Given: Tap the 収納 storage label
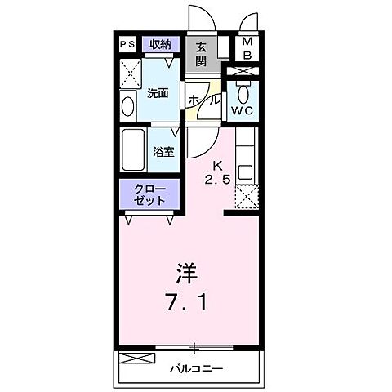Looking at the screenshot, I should (158, 45).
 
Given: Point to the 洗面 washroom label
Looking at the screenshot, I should (158, 94).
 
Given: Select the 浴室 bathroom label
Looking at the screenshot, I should (163, 151).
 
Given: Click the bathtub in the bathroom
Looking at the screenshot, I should (134, 149).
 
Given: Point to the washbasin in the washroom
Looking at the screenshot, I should (128, 105).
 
